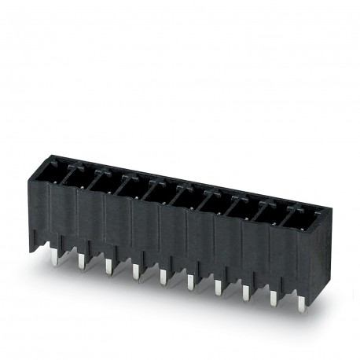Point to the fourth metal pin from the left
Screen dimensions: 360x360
135,271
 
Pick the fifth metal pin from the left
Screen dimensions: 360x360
163,276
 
